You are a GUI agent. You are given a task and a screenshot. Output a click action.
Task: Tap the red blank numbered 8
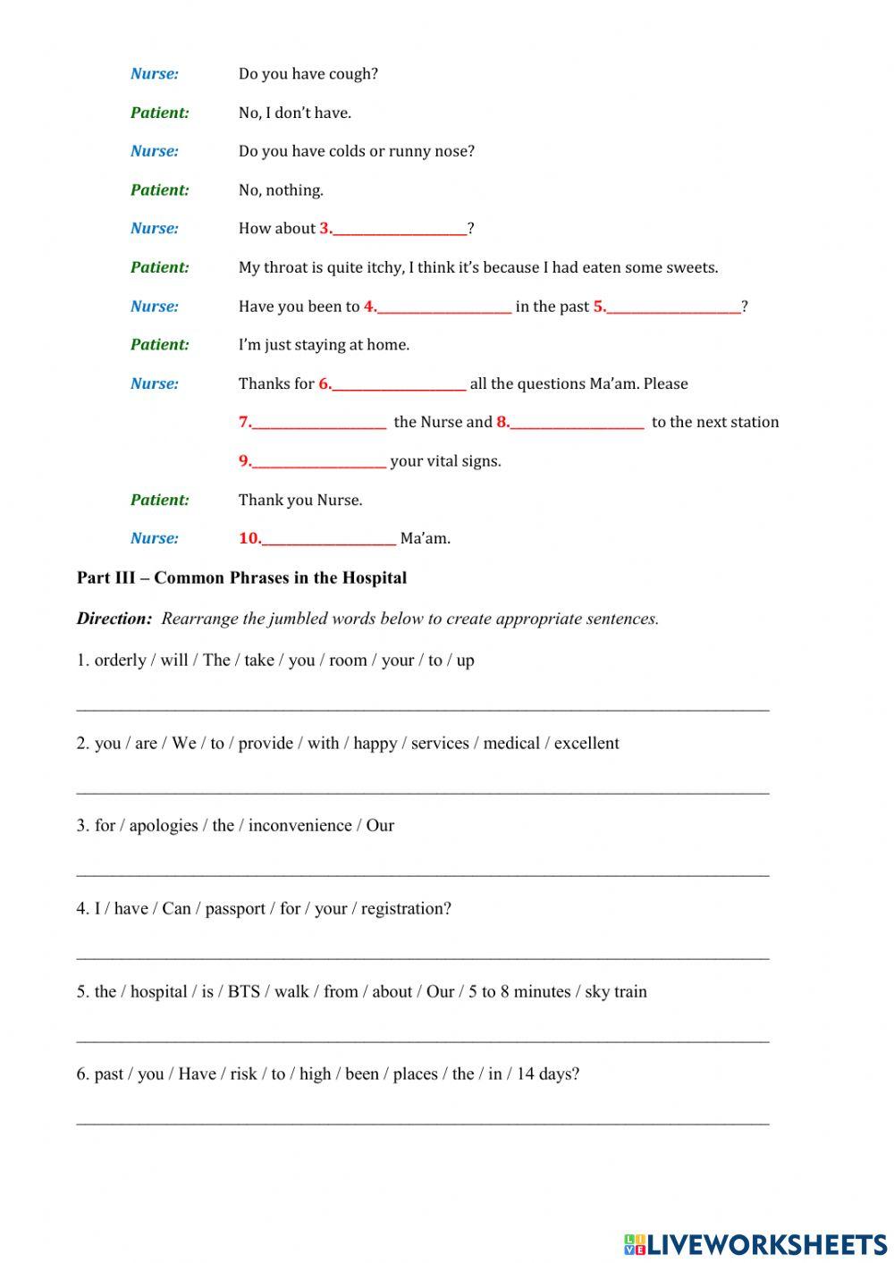pos(576,423)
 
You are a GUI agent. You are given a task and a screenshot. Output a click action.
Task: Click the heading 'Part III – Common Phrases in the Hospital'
pos(241,577)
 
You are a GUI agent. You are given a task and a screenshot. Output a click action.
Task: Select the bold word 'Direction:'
pos(114,619)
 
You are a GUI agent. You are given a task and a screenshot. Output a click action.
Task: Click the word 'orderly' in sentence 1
pos(120,661)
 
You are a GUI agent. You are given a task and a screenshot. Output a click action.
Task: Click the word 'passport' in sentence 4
pos(235,909)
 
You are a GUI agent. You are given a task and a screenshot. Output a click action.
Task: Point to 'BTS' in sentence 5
pos(243,992)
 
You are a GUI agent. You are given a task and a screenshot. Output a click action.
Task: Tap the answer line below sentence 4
pos(422,956)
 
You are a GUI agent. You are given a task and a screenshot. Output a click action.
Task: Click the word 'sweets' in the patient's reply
pos(692,268)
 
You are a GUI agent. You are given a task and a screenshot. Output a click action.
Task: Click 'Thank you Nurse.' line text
pos(299,501)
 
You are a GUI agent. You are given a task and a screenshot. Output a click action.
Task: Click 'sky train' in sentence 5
pos(615,992)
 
